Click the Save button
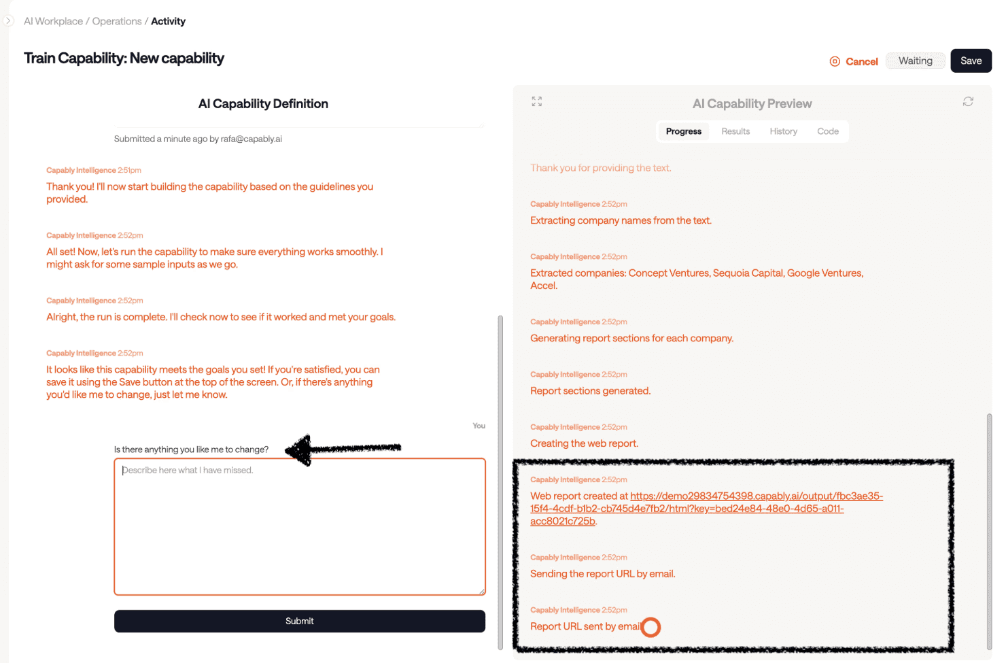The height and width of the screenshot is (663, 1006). pos(971,61)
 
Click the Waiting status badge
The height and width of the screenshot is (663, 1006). pos(915,61)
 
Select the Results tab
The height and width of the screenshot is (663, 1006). pos(735,131)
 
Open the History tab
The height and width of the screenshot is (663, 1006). pos(783,131)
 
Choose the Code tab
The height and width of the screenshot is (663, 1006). pos(827,131)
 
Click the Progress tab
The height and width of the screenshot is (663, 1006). pos(683,131)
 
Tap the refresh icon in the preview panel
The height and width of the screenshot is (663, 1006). pos(968,101)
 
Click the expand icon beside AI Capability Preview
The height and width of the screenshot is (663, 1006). pos(537,101)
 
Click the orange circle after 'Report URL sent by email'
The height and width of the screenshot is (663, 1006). pos(651,627)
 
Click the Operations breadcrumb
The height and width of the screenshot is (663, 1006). pos(117,21)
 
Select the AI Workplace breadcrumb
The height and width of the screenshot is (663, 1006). pos(53,21)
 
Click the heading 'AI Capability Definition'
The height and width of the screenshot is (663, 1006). pos(263,103)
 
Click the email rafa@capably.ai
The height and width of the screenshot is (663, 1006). pos(251,139)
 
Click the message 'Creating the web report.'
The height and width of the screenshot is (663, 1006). pos(584,443)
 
